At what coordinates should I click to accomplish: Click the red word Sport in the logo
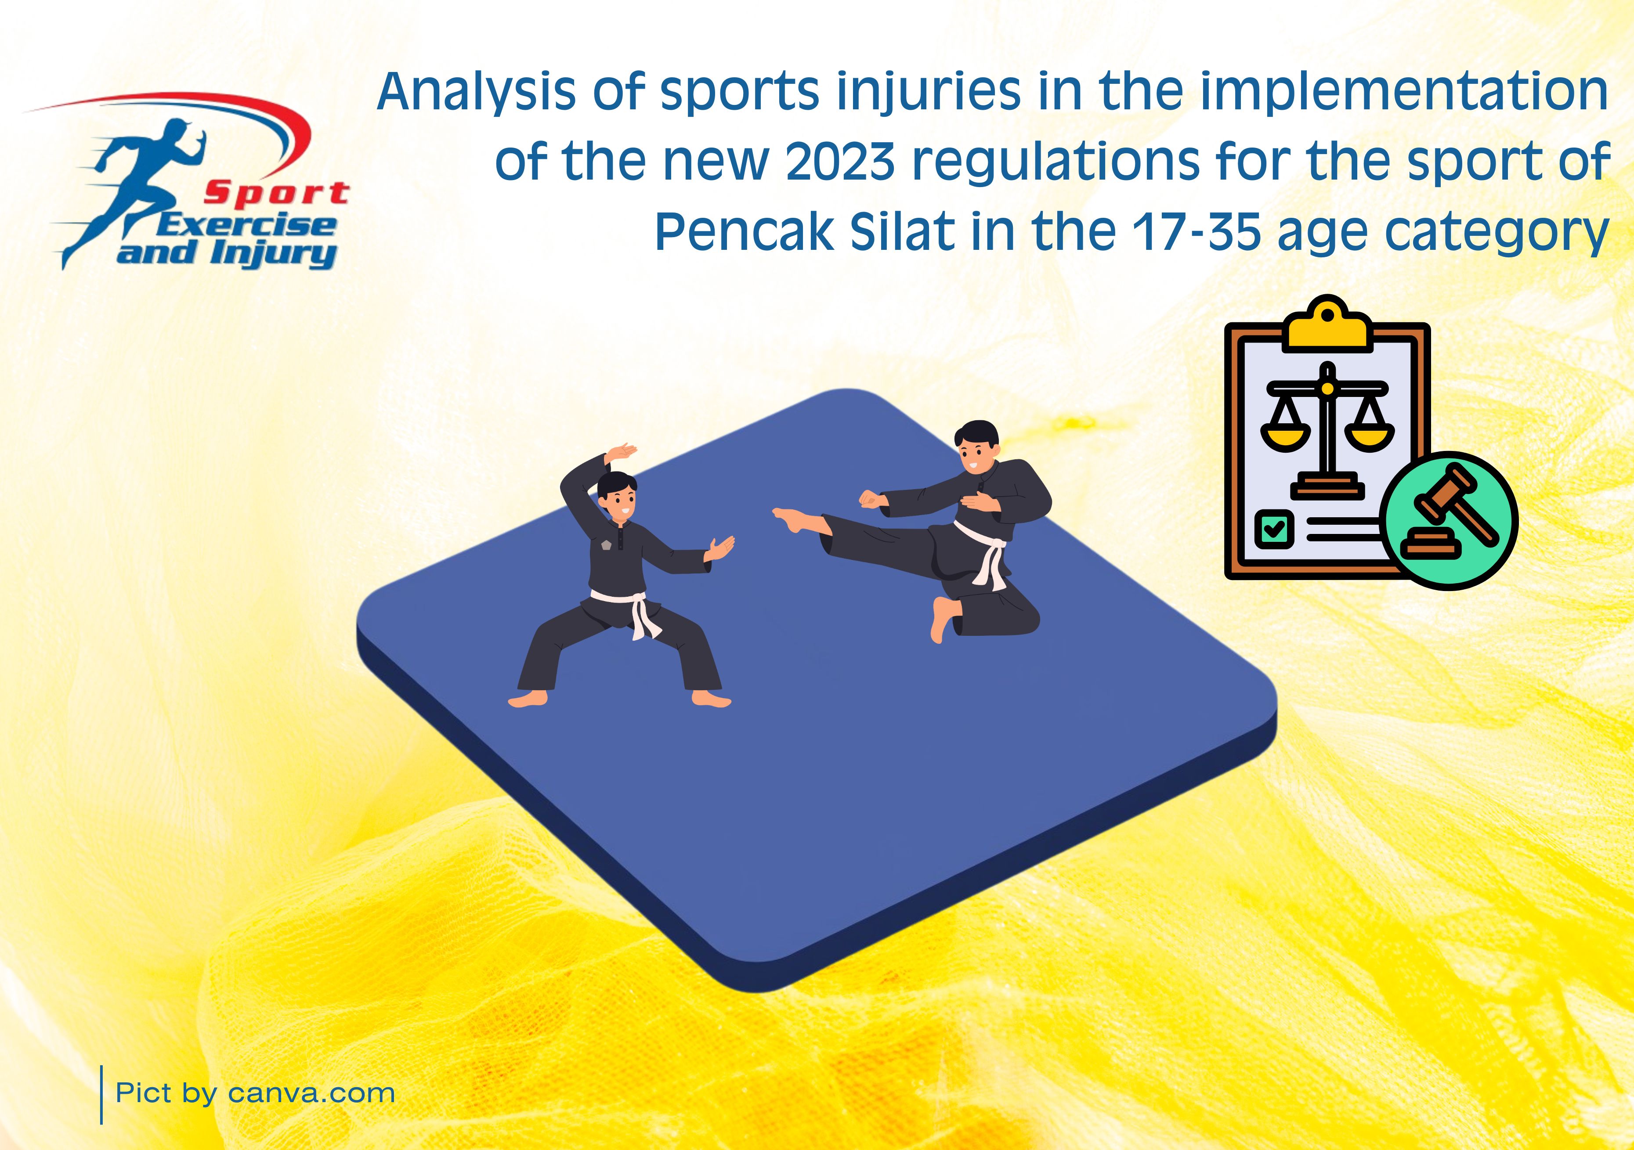276,193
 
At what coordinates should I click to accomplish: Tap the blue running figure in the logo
142,188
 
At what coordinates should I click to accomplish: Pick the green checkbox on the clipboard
1274,529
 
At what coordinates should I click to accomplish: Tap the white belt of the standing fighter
626,611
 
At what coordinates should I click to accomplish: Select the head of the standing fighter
617,496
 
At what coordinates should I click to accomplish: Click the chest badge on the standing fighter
606,544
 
